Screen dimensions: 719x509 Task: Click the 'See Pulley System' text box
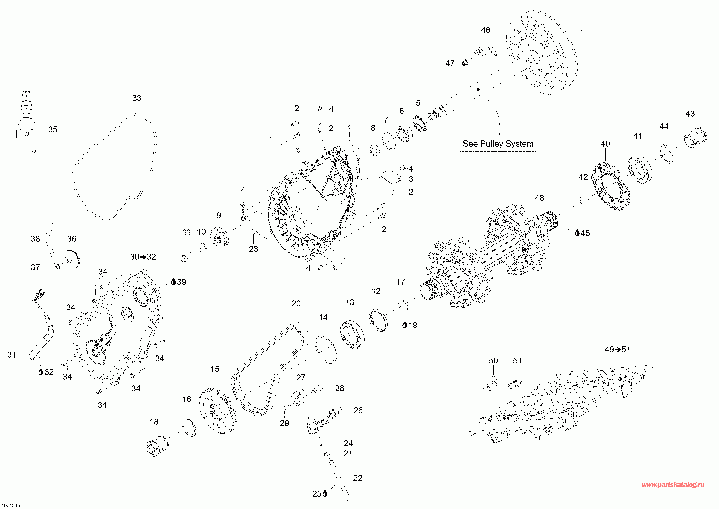coord(498,144)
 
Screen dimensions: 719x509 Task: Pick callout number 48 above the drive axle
coord(539,198)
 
